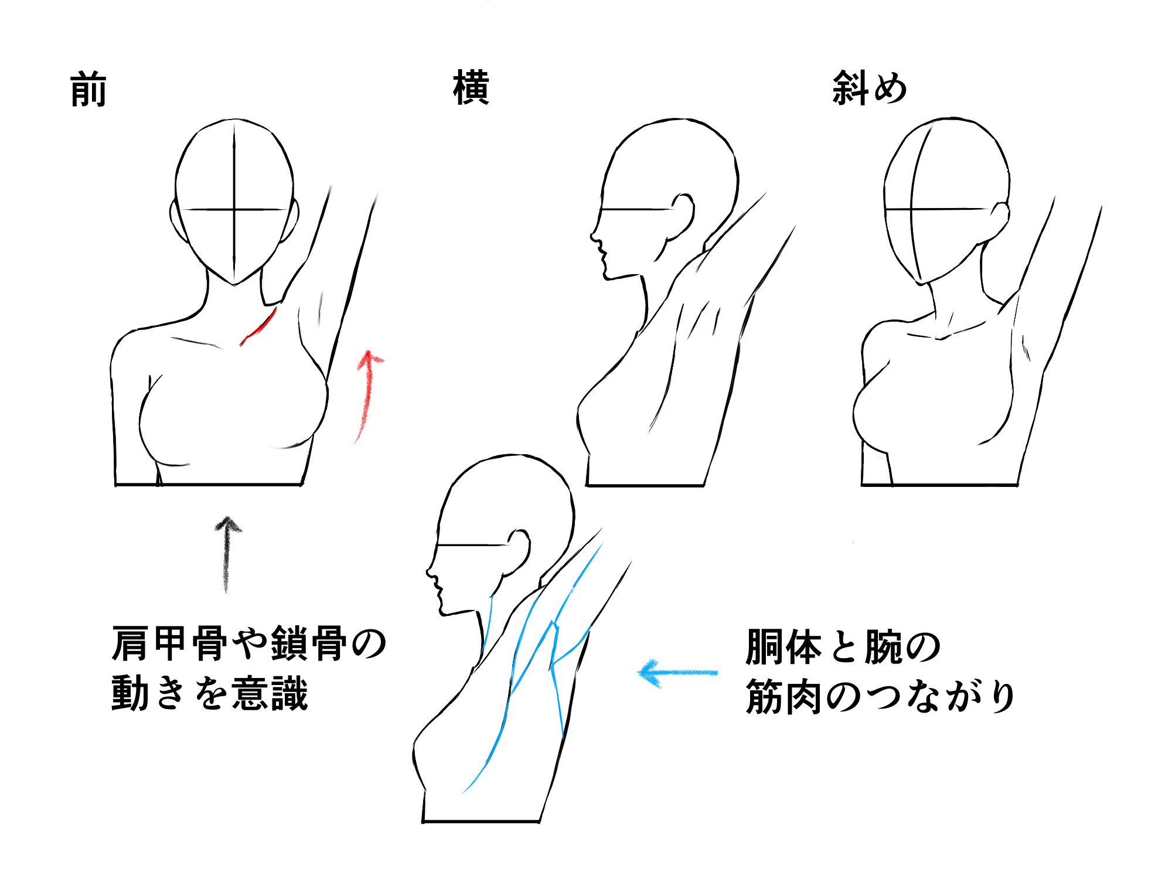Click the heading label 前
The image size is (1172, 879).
tap(88, 89)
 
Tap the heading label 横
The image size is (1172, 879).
tap(471, 88)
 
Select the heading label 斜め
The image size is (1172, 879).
tap(870, 88)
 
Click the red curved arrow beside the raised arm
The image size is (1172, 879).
tap(367, 396)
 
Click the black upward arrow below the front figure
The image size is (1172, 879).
tap(227, 554)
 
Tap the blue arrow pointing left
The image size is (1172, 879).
tap(677, 673)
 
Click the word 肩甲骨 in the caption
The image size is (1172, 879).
tap(170, 643)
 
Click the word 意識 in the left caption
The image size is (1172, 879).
tap(270, 693)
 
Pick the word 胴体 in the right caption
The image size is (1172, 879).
tap(784, 647)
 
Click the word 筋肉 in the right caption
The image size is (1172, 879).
tap(784, 697)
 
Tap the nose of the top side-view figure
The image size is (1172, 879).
tap(594, 236)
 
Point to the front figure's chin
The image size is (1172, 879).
tap(234, 283)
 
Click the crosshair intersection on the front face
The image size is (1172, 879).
tap(234, 209)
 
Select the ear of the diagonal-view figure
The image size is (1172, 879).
tap(999, 222)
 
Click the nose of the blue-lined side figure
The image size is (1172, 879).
tap(430, 572)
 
